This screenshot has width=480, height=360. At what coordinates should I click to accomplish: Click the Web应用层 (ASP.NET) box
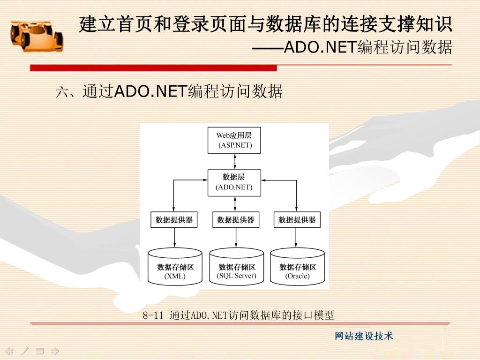234,140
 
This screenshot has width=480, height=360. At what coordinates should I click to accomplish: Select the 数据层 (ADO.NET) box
234,182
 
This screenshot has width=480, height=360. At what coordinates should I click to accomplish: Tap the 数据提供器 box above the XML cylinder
174,219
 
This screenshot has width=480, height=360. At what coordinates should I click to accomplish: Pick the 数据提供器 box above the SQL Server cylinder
235,219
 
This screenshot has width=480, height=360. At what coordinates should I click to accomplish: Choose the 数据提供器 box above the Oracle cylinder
297,219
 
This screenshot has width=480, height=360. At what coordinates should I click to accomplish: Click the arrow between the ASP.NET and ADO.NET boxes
234,161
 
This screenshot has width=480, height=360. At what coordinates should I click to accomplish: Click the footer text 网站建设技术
364,336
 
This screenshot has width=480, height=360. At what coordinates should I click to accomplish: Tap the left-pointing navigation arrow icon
9,351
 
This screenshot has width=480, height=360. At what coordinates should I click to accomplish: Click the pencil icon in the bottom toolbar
24,351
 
